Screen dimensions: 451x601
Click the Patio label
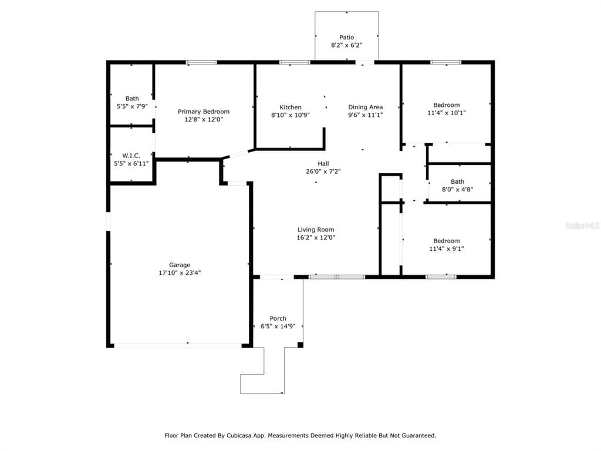[346, 38]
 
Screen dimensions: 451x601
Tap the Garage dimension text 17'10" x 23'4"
[180, 272]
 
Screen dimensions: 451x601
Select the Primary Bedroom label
[204, 112]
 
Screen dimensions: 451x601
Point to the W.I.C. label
[131, 156]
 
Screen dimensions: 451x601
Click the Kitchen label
[290, 107]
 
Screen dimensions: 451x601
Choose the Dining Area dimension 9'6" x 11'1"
[365, 115]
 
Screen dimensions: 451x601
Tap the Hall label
[323, 164]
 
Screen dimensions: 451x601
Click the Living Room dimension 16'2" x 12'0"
[316, 238]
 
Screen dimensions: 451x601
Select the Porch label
[278, 319]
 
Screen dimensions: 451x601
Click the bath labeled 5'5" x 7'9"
[132, 103]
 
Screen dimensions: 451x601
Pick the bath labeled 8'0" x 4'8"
[457, 186]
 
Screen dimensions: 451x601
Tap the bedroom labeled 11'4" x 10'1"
[446, 109]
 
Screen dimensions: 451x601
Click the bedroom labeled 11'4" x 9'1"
[446, 244]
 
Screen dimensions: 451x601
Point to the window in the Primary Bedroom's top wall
[201, 62]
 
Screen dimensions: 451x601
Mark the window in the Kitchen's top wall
[294, 62]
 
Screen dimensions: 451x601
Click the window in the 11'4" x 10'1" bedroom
[445, 62]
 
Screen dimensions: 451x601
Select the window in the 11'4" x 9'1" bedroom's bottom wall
[441, 277]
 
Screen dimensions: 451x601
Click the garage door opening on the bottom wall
[177, 345]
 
